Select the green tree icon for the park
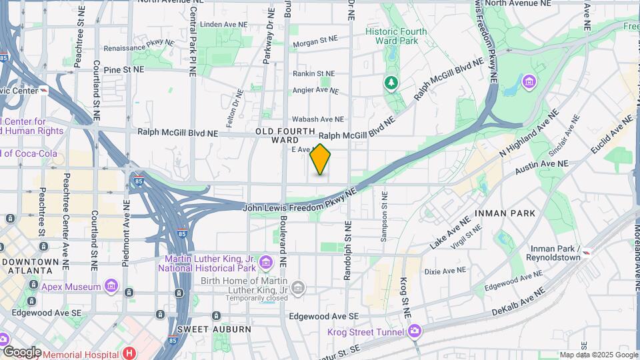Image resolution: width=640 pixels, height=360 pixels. point(392,83)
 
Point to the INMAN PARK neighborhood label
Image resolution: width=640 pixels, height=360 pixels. point(505,213)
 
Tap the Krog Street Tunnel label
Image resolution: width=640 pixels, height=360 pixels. point(365,332)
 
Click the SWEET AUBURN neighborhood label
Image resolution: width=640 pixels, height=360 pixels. point(214,329)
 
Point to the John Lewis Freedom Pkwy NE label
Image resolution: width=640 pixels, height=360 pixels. point(300,201)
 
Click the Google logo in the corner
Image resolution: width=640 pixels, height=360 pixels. point(21,351)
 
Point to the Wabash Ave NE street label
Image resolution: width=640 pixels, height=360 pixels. point(318,119)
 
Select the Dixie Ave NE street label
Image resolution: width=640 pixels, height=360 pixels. point(445,271)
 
